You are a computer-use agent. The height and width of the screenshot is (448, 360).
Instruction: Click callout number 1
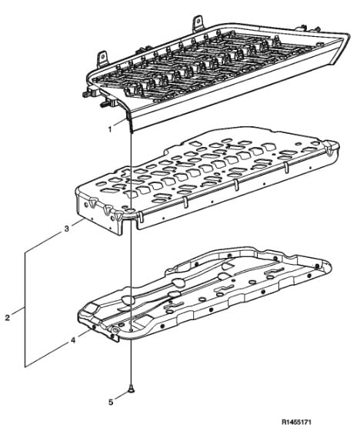(x=110, y=129)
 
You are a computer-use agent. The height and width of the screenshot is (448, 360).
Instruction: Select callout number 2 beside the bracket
(x=8, y=317)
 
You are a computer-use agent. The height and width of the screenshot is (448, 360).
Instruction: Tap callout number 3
(x=66, y=229)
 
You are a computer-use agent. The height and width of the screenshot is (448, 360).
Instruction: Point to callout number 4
(x=73, y=340)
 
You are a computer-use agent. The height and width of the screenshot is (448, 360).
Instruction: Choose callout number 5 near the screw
(x=111, y=403)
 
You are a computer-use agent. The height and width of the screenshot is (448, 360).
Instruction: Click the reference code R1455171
(x=296, y=422)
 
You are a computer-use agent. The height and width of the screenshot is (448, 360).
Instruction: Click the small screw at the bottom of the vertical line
(x=131, y=388)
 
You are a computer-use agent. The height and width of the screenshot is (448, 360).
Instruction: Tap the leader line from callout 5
(x=122, y=396)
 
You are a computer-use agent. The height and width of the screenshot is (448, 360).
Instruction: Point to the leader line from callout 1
(x=119, y=123)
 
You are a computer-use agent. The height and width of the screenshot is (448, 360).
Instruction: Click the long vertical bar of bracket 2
(x=25, y=309)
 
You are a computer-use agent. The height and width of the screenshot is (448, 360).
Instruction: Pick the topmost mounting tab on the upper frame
(x=197, y=23)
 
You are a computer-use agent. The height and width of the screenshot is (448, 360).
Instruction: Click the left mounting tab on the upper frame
(x=102, y=59)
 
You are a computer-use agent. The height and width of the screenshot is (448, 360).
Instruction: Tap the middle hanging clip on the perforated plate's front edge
(x=236, y=186)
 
